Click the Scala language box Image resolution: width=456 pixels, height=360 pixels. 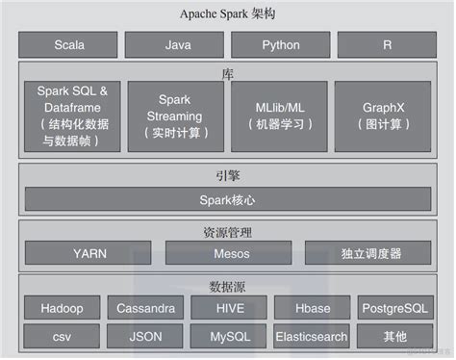[x=69, y=45]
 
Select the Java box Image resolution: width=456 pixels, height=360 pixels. [x=177, y=45]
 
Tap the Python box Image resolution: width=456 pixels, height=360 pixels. [x=280, y=45]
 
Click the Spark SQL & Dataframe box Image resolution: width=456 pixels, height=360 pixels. [x=73, y=116]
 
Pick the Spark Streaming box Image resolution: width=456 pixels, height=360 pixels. [x=175, y=116]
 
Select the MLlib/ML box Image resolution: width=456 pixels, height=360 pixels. [x=279, y=116]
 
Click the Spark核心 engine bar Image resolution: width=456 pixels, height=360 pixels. [x=228, y=200]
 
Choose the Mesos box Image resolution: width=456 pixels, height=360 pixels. [x=228, y=254]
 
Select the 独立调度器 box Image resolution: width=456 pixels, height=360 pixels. [x=369, y=254]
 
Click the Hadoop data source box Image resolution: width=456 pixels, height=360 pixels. [x=63, y=309]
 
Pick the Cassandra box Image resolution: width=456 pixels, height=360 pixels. [x=145, y=309]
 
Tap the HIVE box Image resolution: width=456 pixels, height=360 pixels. [x=227, y=309]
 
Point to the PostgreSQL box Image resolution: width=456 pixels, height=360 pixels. [x=394, y=309]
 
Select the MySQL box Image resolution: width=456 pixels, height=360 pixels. [x=227, y=337]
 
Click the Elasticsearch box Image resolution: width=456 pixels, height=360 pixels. [x=311, y=337]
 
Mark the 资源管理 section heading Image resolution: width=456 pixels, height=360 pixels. [x=227, y=231]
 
